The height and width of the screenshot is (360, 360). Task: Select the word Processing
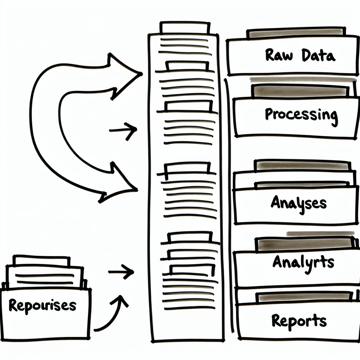pos(301,115)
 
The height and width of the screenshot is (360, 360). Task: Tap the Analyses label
pos(298,203)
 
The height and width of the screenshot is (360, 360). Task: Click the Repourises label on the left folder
pos(42,305)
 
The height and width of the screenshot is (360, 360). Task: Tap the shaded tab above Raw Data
pos(295,34)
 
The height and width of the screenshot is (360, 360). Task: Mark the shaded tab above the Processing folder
pos(299,91)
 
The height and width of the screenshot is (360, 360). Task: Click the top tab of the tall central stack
pos(185,27)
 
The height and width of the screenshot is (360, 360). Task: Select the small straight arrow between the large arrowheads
pos(123,130)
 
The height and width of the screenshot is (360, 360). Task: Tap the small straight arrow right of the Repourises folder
pos(121,272)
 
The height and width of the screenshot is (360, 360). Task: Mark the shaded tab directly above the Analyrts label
pos(304,243)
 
